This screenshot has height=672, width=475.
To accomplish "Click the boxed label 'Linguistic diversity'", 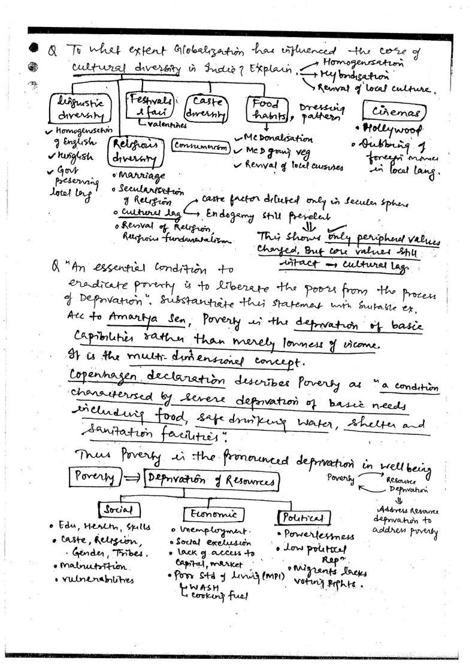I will pos(78,109).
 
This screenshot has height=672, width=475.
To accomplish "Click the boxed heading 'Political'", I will pos(304,517).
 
